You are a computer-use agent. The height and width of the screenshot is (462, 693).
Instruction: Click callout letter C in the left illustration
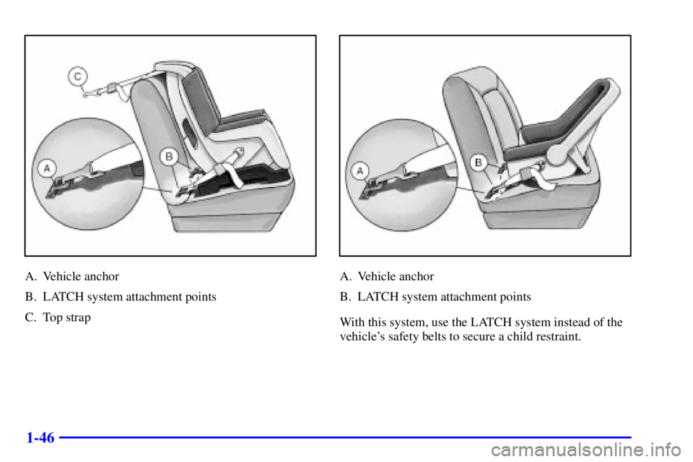click(x=78, y=75)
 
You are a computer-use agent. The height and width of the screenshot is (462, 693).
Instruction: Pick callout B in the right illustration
click(x=479, y=162)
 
